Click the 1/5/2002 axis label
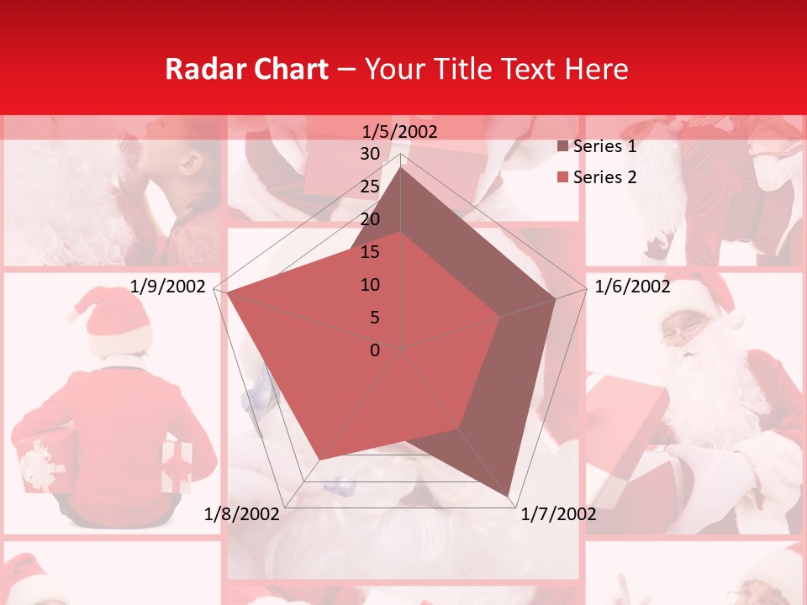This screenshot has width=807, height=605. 400,131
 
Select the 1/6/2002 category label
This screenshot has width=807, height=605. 632,287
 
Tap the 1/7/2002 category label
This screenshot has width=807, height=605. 559,514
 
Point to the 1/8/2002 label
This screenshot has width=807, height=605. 242,514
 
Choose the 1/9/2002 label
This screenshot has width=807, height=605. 168,287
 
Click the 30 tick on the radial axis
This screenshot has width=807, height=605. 370,154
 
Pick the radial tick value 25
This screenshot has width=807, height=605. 370,187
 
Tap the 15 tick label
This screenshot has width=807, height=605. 370,252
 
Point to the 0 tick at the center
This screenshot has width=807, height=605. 375,350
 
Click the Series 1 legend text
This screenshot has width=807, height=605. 604,146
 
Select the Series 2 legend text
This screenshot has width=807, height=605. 604,177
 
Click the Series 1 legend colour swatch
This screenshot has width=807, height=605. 563,147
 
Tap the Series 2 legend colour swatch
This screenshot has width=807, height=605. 563,178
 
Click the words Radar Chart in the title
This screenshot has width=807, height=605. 246,69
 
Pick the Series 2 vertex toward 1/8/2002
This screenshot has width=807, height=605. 319,459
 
